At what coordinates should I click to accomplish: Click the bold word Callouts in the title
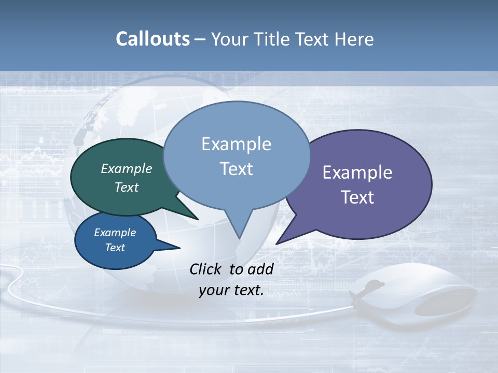pos(153,39)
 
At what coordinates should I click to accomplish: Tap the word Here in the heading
pos(353,39)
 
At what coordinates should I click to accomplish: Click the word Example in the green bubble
pos(126,168)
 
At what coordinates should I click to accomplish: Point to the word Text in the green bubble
pos(126,187)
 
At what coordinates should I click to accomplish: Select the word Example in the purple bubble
pos(357,173)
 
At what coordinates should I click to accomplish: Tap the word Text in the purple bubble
pos(357,197)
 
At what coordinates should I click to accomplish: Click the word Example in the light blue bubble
pos(236,144)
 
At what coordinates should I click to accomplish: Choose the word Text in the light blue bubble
pos(236,169)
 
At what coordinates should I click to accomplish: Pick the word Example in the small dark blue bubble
pos(115,233)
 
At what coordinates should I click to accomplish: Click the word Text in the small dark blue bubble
pos(115,248)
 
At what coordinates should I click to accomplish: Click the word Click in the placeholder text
pos(206,269)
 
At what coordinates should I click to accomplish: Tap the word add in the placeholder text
pos(260,269)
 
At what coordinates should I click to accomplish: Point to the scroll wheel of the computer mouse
pos(373,285)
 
